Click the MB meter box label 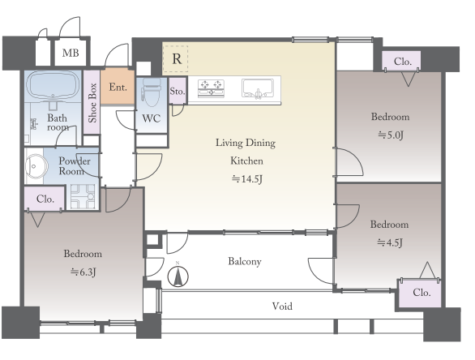[71, 53]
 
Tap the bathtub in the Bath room [53, 87]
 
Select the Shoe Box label [92, 103]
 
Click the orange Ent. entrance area [118, 87]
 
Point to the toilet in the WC [151, 92]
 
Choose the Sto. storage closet [178, 91]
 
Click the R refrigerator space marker [176, 59]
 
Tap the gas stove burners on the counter [211, 88]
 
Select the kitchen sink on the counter [258, 88]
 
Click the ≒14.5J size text [247, 179]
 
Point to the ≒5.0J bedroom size [391, 135]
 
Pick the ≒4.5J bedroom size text [390, 242]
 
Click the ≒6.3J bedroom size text [83, 272]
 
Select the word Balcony [245, 261]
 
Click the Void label [282, 306]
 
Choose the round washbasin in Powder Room [36, 166]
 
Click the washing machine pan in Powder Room [83, 196]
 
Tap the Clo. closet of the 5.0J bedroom [401, 61]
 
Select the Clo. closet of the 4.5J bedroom [420, 294]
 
